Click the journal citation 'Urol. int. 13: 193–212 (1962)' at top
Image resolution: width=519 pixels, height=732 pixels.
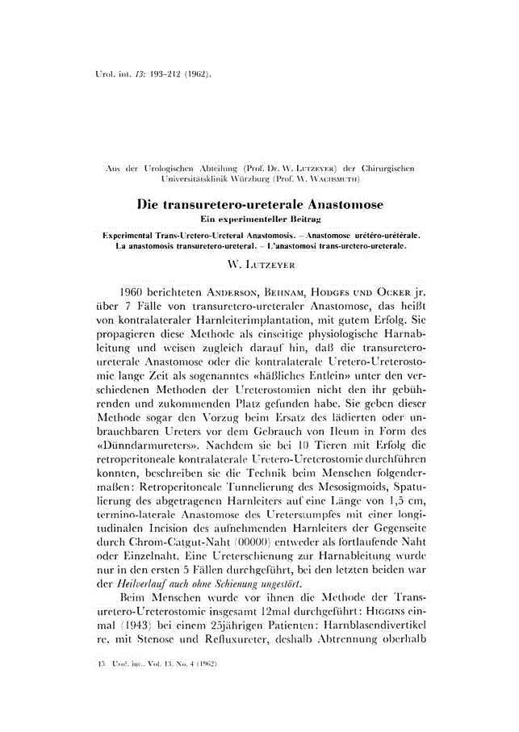click(x=150, y=74)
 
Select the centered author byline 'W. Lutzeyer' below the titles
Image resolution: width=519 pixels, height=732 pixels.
click(x=259, y=262)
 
